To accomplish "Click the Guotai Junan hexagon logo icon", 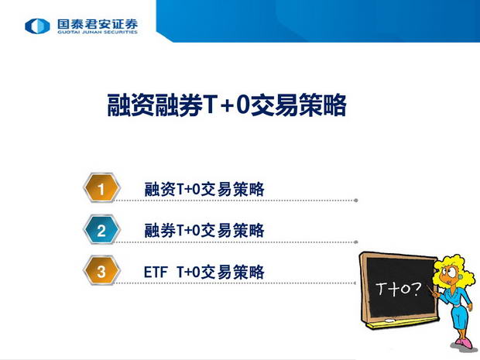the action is [37, 26].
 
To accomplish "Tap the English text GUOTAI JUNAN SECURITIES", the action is [98, 32].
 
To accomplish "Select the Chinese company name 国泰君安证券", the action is [98, 24].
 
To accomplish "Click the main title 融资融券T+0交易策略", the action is [227, 105].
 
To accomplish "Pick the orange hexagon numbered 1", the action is [101, 188].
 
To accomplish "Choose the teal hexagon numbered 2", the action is [101, 230].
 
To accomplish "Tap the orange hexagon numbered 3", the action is [101, 271].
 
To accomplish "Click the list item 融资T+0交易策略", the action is [204, 189].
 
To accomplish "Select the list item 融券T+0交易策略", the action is [204, 231].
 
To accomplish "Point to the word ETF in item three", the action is [156, 273].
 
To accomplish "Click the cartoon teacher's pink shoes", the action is [463, 342].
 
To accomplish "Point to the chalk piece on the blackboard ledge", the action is [389, 321].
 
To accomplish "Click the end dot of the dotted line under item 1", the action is [355, 201].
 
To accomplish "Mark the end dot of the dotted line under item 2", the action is [355, 242].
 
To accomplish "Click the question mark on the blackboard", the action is [417, 288].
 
